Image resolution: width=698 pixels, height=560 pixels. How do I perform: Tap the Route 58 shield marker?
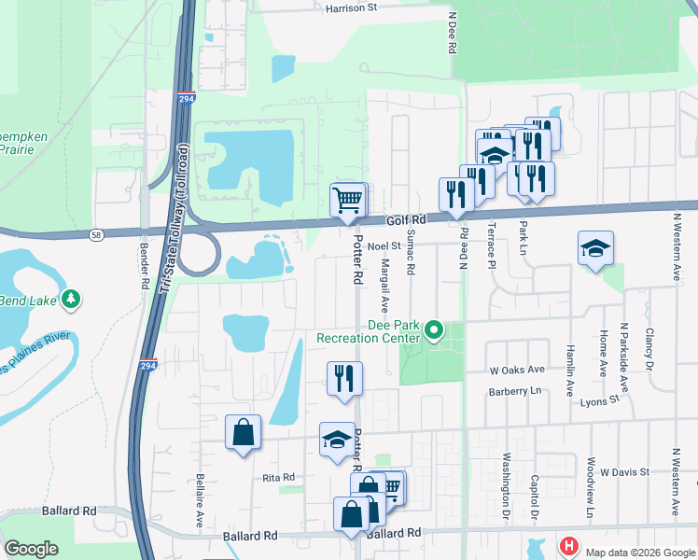tap(97, 234)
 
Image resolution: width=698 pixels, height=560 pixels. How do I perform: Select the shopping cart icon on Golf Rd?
tap(348, 199)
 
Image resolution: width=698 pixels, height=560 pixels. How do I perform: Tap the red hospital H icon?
tap(567, 545)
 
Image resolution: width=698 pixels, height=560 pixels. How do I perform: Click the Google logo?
tap(31, 548)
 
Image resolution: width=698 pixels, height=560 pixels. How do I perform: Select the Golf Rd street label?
tap(406, 220)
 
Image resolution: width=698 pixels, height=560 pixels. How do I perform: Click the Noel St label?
tap(384, 245)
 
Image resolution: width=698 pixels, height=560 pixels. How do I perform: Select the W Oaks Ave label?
tap(519, 369)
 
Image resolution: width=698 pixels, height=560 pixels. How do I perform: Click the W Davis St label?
tap(624, 472)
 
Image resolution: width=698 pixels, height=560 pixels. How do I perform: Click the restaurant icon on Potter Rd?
tap(344, 378)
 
